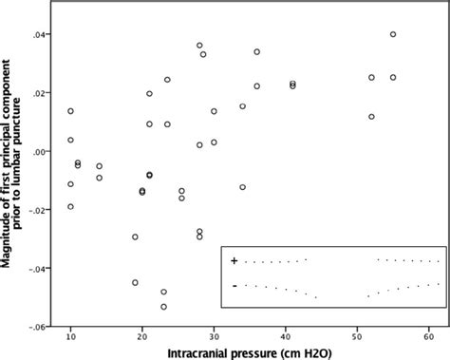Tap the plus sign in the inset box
[234, 260]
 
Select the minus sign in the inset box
[234, 285]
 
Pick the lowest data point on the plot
[164, 307]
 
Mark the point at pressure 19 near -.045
[135, 282]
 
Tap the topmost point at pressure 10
[70, 111]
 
